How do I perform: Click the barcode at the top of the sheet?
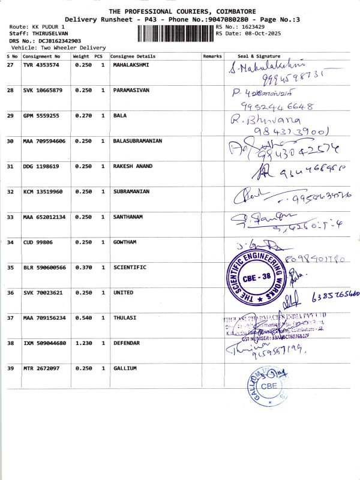click(175, 31)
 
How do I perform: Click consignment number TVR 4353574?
click(41, 64)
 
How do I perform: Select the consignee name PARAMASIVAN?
click(131, 90)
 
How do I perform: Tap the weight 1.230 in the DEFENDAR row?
click(83, 343)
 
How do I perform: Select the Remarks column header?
click(212, 56)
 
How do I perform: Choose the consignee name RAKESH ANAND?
click(133, 166)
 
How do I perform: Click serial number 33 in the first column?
click(10, 217)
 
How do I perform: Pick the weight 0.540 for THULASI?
click(83, 317)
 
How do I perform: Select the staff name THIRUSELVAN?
click(50, 34)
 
